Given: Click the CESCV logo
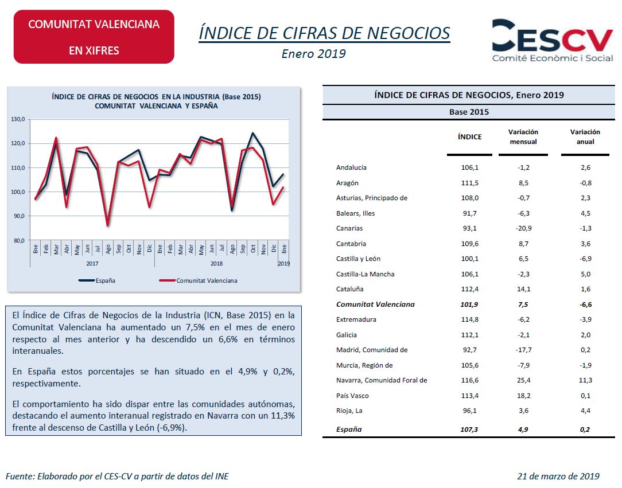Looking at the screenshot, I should coord(553,40).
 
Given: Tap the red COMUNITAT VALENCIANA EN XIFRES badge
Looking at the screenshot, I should coord(94,37).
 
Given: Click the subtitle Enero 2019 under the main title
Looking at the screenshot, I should coord(313,54).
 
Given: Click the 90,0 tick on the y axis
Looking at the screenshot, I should coord(18,216).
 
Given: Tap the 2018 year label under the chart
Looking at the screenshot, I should coord(216,263).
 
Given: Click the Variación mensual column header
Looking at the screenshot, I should coord(523,136).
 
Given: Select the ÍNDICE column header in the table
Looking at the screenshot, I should coord(469,137).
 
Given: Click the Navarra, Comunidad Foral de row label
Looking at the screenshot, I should coord(382,380).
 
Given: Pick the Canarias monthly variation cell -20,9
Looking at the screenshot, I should coord(523,228).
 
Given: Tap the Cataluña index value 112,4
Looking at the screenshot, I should coord(469,289).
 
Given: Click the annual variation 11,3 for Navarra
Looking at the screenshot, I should coord(585,380).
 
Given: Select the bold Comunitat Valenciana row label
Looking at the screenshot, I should coord(375,304).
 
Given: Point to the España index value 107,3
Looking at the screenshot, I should coord(469,429).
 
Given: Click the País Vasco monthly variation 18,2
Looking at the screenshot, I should coord(523,396).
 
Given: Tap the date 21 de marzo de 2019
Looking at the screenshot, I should coord(558,476).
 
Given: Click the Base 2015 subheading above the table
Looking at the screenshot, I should coord(469,112).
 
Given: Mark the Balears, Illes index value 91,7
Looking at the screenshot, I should coord(469,213).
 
